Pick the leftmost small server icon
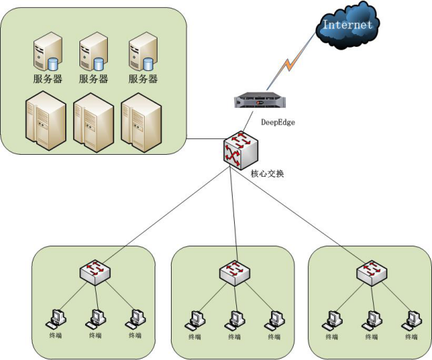tap(45, 54)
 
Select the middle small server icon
tap(92, 54)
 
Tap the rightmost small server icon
tap(142, 54)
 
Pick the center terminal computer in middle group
tap(232, 320)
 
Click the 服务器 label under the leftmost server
tap(46, 79)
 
